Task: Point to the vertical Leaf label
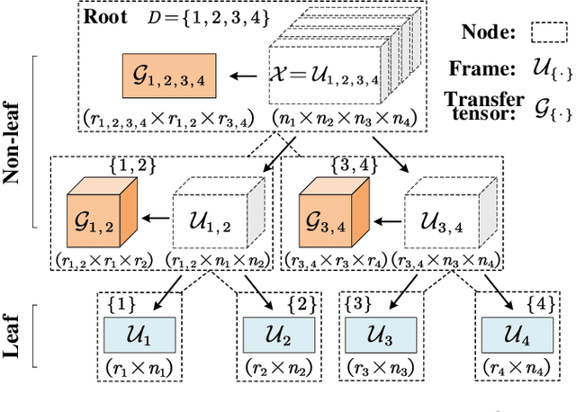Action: [16, 335]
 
